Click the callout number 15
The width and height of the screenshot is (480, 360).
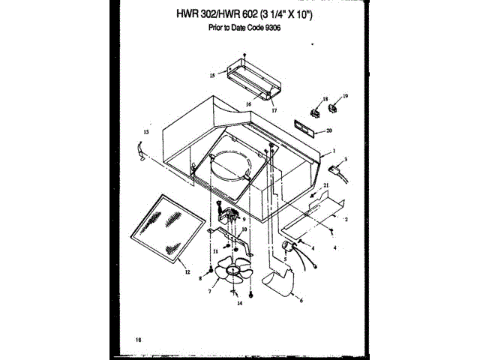coord(212,76)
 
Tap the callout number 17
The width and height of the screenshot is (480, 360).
coord(274,110)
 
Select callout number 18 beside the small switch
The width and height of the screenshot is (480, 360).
coord(325,99)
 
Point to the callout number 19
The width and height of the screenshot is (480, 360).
coord(346,96)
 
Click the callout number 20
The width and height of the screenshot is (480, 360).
coord(328,130)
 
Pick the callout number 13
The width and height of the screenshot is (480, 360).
coord(146,132)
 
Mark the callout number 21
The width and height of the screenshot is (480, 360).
coord(326,184)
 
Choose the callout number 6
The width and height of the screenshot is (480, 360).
coord(301,300)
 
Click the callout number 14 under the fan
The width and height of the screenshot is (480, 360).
coord(239,304)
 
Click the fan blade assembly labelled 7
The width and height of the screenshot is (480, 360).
coord(232,274)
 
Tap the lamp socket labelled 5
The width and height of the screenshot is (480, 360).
coord(287,247)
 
